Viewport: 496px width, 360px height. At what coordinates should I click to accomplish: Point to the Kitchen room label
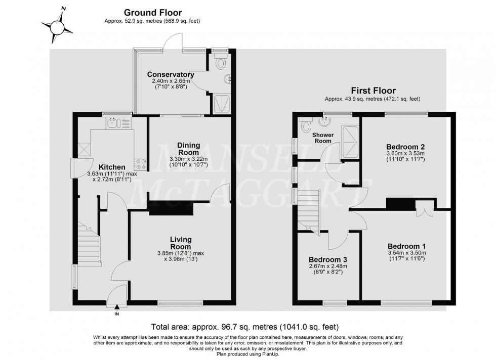112,167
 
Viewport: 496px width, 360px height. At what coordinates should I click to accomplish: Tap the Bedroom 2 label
404,147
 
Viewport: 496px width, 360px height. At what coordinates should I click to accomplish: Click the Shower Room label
322,138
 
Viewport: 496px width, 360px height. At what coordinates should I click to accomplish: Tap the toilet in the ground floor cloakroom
220,64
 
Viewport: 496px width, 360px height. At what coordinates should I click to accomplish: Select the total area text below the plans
245,327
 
